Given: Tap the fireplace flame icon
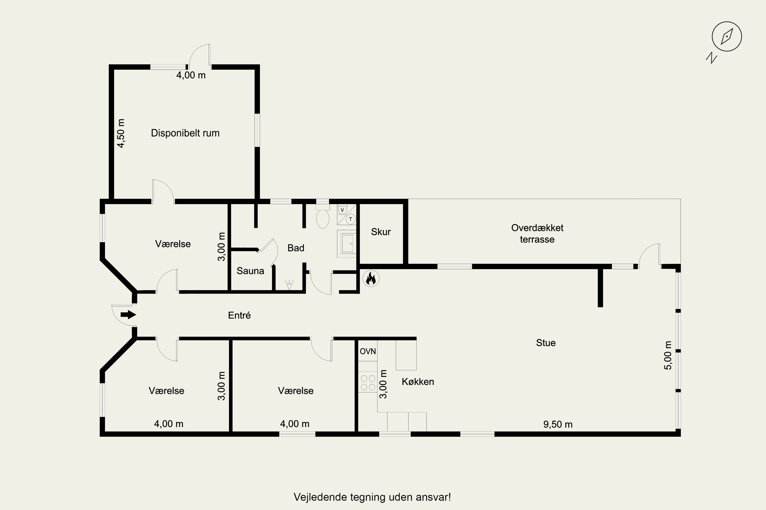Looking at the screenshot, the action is pos(371,279).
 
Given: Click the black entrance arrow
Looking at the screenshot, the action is pos(128,314).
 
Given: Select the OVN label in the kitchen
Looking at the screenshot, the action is pos(368,351).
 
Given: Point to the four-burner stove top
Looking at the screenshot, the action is pos(368,383).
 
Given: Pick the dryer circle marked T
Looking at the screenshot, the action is pos(350,219).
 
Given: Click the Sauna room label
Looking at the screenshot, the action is pos(250,271).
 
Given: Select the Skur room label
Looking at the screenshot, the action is pos(381,232).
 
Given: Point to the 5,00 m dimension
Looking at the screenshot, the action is pos(668,355).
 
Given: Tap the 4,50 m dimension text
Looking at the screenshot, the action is pos(121,133).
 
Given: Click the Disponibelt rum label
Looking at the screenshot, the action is pos(185,133).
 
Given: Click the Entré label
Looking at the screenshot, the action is pos(240,315).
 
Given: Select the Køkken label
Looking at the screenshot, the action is pos(418,381).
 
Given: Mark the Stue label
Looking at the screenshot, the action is pos(546,342).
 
